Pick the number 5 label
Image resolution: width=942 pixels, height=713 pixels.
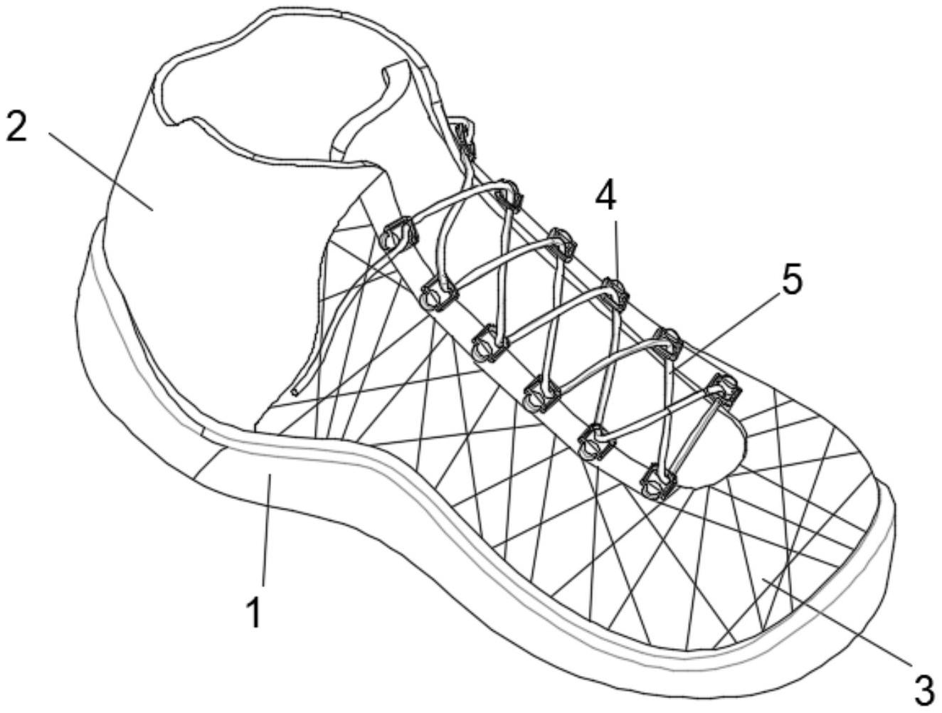click(790, 280)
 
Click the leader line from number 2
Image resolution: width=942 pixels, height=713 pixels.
click(101, 171)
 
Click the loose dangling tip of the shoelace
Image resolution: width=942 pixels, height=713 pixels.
click(295, 391)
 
